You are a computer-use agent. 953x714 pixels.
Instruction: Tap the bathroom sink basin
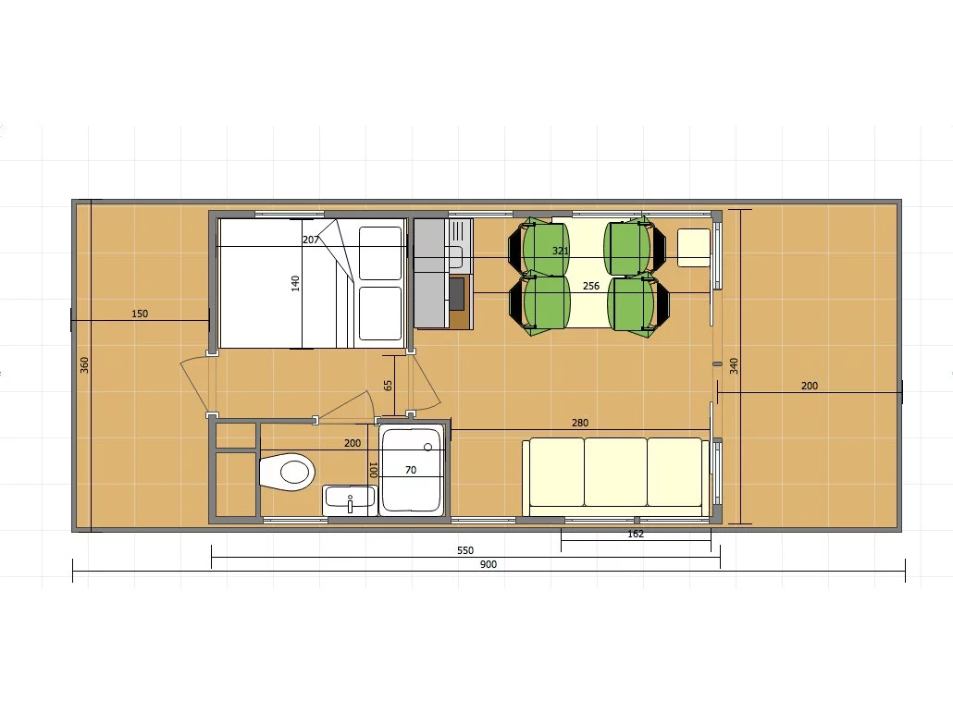[x=350, y=499]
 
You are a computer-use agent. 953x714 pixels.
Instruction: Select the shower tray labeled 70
[x=412, y=469]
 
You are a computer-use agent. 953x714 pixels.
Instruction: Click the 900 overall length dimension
[x=489, y=564]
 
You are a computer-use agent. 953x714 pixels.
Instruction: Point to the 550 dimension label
[x=465, y=550]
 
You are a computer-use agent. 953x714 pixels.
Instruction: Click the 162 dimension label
[x=635, y=535]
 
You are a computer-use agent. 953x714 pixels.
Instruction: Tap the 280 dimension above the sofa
[x=580, y=423]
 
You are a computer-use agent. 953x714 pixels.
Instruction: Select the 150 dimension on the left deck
[x=140, y=314]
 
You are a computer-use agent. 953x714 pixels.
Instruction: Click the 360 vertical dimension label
[x=84, y=364]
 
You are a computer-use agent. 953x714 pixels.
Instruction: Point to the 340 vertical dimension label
[x=734, y=366]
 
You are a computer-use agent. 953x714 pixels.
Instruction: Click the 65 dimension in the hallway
[x=388, y=386]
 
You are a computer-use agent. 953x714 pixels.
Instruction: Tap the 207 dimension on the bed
[x=311, y=240]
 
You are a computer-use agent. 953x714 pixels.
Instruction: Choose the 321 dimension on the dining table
[x=561, y=251]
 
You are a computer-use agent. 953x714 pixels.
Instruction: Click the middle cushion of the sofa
[x=615, y=472]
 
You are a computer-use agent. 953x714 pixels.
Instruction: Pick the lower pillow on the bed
[x=380, y=314]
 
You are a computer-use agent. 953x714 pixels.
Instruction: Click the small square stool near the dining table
[x=694, y=247]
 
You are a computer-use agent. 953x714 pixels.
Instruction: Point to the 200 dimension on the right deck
[x=810, y=386]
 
